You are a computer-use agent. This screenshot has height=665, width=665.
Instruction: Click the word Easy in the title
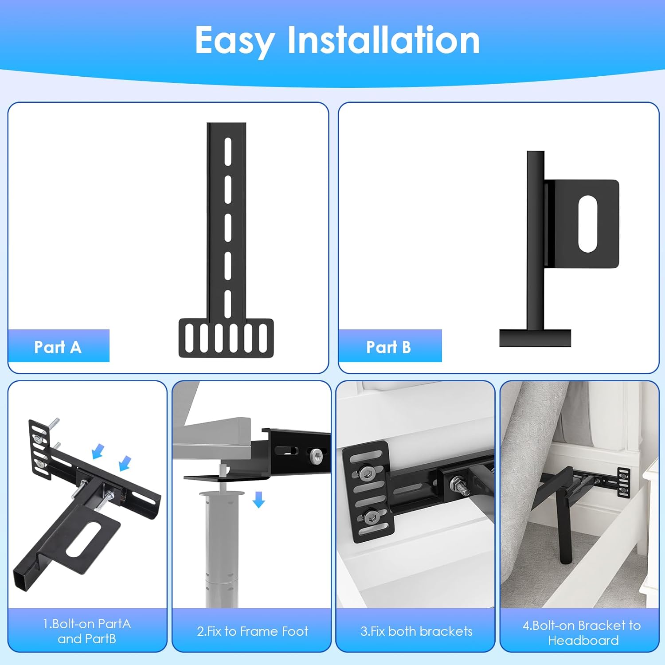(235, 41)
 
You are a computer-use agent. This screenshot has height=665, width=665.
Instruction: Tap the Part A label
(58, 347)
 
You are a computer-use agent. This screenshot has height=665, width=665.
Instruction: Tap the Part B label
(388, 347)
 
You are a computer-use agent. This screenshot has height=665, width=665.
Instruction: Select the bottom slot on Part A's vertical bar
(228, 304)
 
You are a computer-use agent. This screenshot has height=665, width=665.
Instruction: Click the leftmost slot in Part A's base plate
(189, 338)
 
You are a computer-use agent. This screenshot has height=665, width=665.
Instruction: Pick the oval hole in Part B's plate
(588, 224)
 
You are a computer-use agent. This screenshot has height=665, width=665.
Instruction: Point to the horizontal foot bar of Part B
(535, 338)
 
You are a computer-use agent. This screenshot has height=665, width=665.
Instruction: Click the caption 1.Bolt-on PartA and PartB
(87, 631)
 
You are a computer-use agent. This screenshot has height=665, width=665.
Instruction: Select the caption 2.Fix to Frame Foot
(252, 631)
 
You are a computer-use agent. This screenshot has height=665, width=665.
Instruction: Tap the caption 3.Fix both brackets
(416, 631)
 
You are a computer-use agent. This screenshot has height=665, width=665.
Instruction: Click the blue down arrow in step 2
(259, 500)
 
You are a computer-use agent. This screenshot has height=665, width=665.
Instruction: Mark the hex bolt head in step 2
(317, 455)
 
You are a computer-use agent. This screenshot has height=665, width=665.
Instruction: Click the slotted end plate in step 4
(624, 482)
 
